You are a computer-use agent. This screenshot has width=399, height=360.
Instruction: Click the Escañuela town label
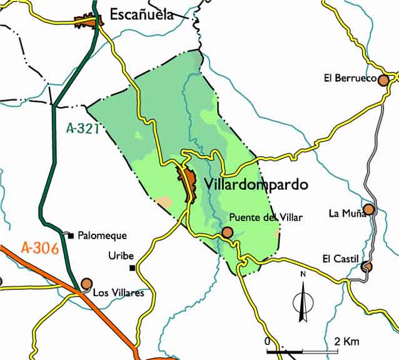pos(141,15)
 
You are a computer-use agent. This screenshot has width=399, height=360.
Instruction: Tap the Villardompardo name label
pos(256,185)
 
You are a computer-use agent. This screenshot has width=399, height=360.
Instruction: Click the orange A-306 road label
pos(39,247)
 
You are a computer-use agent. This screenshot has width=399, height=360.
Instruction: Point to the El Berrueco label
pos(350,78)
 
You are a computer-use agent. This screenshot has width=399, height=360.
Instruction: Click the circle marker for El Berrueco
pos(383,80)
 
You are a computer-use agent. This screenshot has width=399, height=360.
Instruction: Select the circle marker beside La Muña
pos(369,209)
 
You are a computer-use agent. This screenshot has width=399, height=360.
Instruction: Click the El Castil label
pos(341,259)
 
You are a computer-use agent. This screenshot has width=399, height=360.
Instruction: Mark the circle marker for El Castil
pos(367,267)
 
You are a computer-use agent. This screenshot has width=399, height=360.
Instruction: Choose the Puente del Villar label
pos(266,218)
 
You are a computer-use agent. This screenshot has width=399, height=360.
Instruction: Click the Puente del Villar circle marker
pos(227,233)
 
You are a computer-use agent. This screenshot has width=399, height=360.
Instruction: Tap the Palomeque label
pos(102,235)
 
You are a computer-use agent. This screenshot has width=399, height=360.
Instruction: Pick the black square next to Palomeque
pos(71,235)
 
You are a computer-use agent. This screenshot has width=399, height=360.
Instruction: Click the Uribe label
pos(121,255)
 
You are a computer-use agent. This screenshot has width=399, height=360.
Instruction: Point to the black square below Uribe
pos(132,268)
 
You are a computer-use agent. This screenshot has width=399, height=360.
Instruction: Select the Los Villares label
pos(118,292)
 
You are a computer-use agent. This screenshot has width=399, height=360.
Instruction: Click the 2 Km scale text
pos(347,341)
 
